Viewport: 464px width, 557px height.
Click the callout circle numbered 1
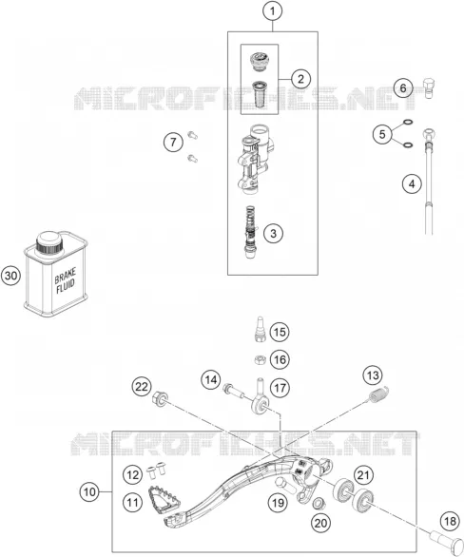(273, 11)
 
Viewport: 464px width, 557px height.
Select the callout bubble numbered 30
(11, 276)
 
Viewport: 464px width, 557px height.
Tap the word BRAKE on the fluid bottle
(65, 276)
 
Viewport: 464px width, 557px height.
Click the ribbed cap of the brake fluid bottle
(49, 242)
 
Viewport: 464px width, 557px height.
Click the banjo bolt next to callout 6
(429, 88)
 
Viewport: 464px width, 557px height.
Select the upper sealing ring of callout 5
(408, 123)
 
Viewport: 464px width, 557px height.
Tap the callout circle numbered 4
(412, 184)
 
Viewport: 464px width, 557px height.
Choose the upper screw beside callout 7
(192, 135)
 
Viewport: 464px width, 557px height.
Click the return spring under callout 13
(378, 394)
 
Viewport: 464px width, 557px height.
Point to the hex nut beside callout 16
(261, 360)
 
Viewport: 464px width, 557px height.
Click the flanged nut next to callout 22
(160, 397)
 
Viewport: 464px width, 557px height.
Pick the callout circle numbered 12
(132, 474)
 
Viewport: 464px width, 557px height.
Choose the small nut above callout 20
(319, 503)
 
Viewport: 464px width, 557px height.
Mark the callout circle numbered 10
(89, 492)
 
